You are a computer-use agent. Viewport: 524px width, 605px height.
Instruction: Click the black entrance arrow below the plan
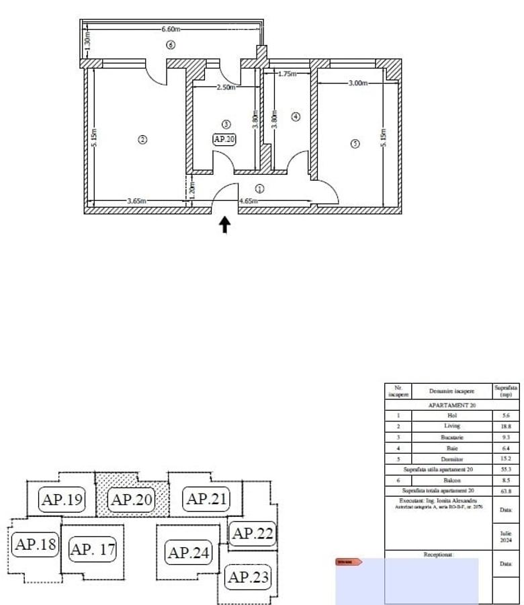225,225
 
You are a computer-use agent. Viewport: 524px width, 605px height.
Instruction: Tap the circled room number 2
142,139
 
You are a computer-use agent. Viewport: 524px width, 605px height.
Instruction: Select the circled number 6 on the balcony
171,45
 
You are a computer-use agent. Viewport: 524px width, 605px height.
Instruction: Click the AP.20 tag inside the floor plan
224,139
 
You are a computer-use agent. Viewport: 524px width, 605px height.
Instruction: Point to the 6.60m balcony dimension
171,30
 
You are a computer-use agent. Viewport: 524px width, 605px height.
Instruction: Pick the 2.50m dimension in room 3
225,88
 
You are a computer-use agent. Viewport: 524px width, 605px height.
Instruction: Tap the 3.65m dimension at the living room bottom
138,201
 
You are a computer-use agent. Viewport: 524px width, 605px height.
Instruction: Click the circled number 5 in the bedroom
355,143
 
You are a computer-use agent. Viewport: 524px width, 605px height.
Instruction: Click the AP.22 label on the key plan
252,534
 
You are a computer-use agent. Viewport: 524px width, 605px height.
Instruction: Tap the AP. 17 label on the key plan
93,549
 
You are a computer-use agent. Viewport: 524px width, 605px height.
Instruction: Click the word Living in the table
451,426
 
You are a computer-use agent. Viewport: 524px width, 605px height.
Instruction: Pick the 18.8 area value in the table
506,426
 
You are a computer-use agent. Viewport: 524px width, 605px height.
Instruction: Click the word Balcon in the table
451,481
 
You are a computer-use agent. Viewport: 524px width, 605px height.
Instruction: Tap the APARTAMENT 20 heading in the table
451,405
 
